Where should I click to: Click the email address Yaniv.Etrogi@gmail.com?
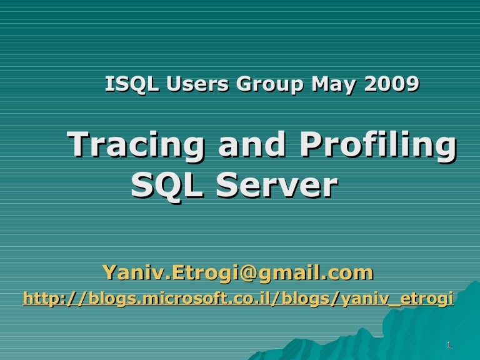click(237, 272)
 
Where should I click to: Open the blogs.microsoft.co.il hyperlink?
click(238, 300)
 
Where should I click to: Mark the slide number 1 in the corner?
click(449, 346)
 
